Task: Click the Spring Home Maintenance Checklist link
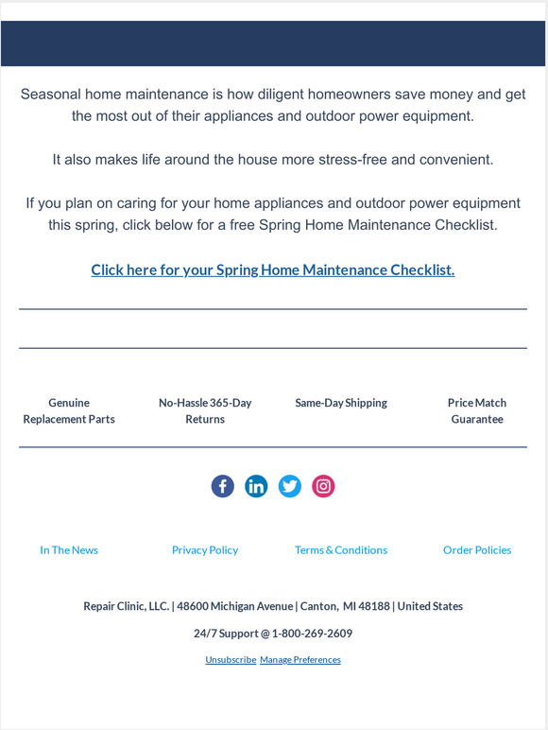pyautogui.click(x=273, y=269)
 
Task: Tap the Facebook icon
pyautogui.click(x=222, y=486)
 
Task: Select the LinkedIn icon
pyautogui.click(x=256, y=486)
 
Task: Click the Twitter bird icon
pyautogui.click(x=290, y=486)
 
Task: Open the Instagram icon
pyautogui.click(x=323, y=486)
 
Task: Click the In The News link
pyautogui.click(x=69, y=549)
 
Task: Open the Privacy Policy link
pyautogui.click(x=205, y=549)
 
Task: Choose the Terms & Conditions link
pyautogui.click(x=341, y=549)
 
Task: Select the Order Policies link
pyautogui.click(x=477, y=549)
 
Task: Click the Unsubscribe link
pyautogui.click(x=231, y=659)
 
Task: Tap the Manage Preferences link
pyautogui.click(x=300, y=659)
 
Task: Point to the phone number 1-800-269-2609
pyautogui.click(x=312, y=634)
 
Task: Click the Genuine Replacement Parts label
pyautogui.click(x=69, y=410)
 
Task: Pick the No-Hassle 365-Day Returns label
pyautogui.click(x=205, y=410)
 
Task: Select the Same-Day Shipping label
pyautogui.click(x=341, y=403)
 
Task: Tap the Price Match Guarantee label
pyautogui.click(x=477, y=410)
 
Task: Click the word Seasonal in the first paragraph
pyautogui.click(x=50, y=95)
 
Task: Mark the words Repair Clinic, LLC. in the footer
pyautogui.click(x=126, y=606)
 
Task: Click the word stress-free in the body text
pyautogui.click(x=352, y=160)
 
